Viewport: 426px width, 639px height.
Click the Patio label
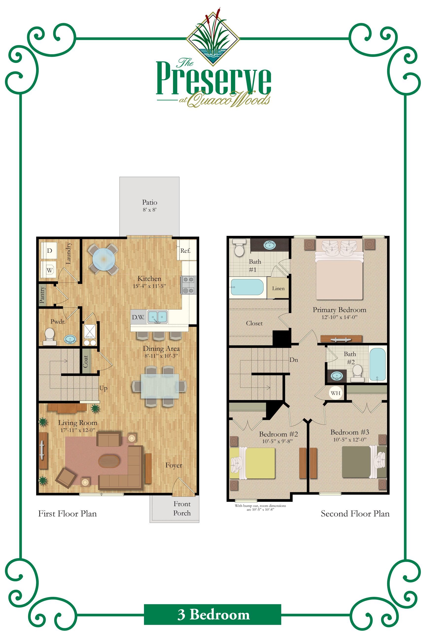click(x=149, y=202)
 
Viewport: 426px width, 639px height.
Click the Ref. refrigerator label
click(x=185, y=251)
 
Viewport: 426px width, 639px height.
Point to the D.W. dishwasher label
click(x=138, y=317)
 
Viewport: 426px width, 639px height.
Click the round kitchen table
click(x=103, y=259)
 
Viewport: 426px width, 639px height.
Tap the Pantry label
click(x=42, y=295)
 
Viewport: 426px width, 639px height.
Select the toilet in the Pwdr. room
click(x=50, y=335)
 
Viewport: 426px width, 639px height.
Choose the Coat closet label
click(x=86, y=361)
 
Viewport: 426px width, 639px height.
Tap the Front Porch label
click(x=182, y=508)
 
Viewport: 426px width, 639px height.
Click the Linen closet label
click(x=278, y=288)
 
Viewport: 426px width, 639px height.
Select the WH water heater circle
click(x=336, y=393)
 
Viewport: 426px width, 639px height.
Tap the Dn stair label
click(x=294, y=360)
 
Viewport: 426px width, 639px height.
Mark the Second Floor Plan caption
click(x=355, y=514)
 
